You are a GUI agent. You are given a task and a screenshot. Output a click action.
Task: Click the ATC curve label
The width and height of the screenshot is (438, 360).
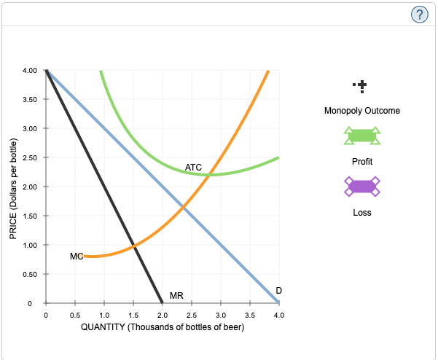coord(193,168)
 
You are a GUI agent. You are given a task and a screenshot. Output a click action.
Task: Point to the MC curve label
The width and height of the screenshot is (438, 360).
coord(77,256)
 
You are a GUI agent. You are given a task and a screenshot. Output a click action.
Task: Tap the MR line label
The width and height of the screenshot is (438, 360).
coord(176,295)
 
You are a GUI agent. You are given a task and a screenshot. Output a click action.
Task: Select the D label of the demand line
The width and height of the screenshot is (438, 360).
coord(278,291)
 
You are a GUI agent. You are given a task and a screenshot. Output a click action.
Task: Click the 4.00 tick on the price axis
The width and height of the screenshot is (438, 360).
coord(30,71)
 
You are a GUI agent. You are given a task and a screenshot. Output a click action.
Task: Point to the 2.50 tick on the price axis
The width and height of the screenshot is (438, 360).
coord(30,158)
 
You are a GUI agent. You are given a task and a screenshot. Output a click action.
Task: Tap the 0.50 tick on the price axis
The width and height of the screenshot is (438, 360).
coord(30,274)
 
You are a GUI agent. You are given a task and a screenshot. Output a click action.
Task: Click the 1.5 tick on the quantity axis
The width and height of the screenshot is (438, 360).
coord(133,315)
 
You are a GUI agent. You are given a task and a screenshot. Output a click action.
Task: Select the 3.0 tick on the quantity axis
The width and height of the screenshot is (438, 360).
coord(220,315)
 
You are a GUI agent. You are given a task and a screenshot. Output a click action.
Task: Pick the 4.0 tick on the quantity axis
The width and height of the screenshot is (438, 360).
coord(278,315)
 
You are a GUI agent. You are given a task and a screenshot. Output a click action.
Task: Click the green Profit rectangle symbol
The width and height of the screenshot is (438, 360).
coord(362,136)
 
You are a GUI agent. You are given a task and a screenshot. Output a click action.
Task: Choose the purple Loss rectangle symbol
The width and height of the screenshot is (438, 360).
coord(362,187)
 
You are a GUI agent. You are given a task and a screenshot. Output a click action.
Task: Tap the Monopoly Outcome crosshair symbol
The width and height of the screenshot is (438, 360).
coord(362,86)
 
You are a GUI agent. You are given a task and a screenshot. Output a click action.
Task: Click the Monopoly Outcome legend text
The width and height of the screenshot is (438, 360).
coord(362,111)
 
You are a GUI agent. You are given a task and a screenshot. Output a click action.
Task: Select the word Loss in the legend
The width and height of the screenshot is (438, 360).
coord(362,213)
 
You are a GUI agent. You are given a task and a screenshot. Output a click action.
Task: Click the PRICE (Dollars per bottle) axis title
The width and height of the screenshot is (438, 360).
coord(12,188)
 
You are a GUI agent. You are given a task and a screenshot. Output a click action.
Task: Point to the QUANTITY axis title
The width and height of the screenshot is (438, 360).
coord(162,327)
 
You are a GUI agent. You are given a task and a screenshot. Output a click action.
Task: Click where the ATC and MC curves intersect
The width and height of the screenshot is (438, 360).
coord(209,174)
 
